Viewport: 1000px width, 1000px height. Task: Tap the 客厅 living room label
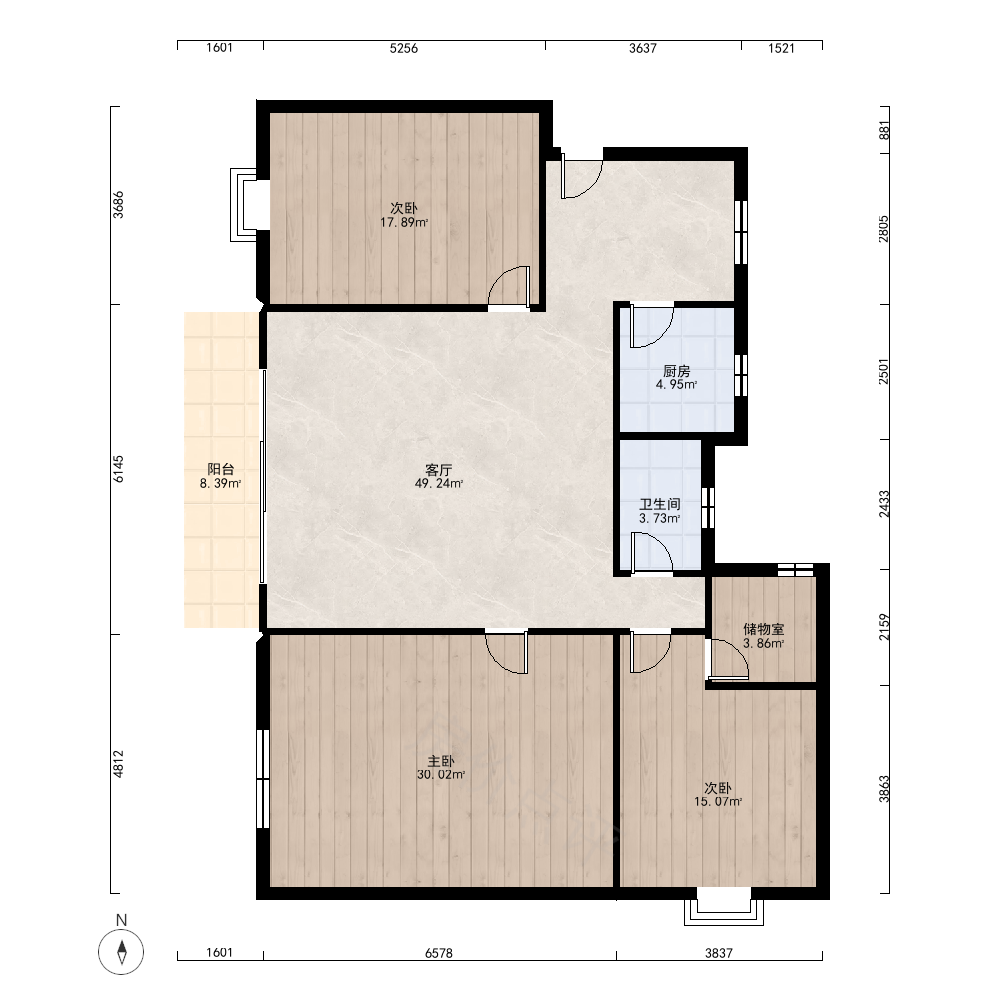coord(439,471)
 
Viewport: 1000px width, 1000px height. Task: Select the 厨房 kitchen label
coord(677,371)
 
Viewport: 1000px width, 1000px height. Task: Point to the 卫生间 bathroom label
coord(660,504)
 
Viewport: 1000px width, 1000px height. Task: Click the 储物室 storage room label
coord(764,629)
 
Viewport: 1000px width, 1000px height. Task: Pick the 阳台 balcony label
coord(221,470)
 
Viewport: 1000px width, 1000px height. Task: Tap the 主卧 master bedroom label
coord(441,761)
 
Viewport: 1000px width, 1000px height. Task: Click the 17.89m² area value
coord(404,223)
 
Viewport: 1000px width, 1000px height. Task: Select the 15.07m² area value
coord(718,802)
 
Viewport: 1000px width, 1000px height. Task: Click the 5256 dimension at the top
coord(404,48)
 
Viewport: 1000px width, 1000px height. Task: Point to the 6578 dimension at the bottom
coord(439,953)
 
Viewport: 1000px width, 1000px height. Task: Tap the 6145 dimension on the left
coord(119,469)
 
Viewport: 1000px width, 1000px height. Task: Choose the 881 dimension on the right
coord(884,130)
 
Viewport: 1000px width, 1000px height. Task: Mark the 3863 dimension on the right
coord(884,789)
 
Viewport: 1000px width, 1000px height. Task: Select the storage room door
coord(728,658)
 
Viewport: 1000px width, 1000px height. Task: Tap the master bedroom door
coord(506,652)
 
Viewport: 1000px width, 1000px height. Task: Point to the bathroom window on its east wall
coord(708,508)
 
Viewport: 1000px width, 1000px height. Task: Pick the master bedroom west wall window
coord(263,779)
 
